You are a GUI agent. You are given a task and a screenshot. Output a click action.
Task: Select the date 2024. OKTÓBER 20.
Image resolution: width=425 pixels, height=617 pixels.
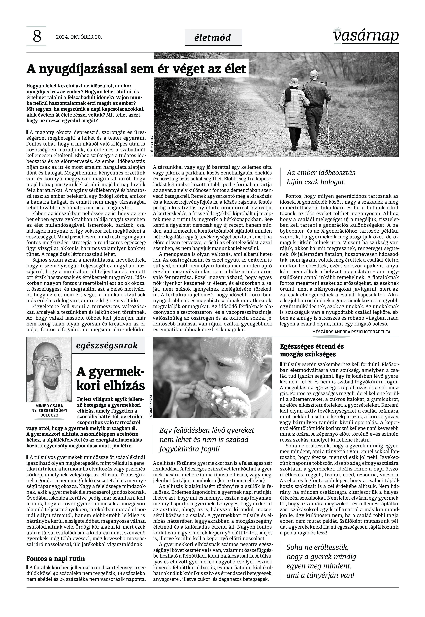pos(79,37)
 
